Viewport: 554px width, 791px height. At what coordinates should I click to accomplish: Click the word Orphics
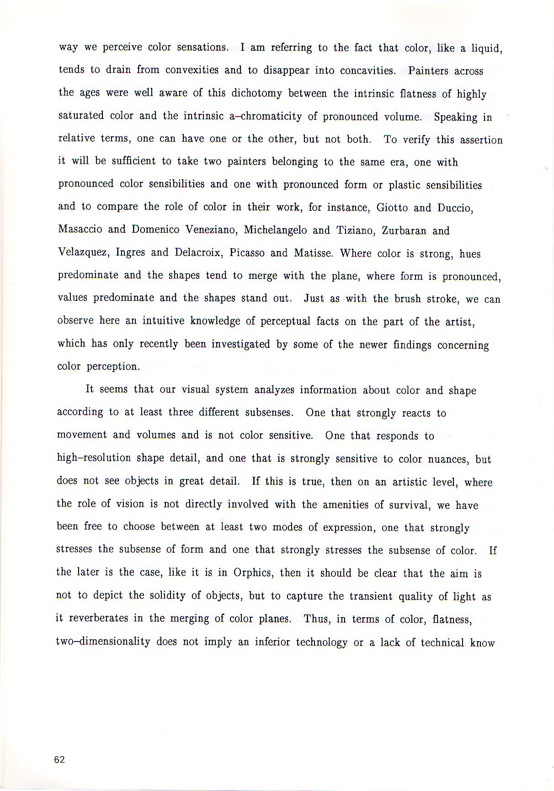[253, 573]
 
